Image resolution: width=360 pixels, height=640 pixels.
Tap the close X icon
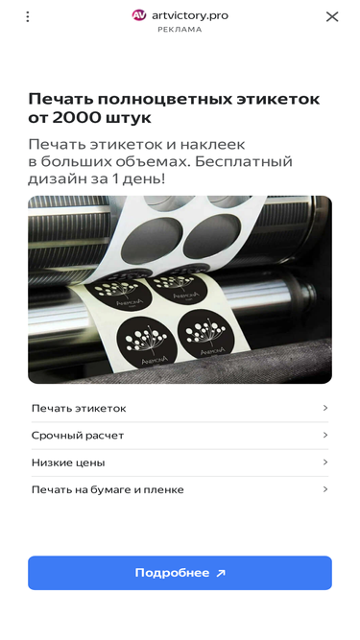[332, 16]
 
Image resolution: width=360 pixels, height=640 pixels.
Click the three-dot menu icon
[27, 16]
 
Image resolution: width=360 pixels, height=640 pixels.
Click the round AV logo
[139, 15]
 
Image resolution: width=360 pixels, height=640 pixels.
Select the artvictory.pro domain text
[190, 15]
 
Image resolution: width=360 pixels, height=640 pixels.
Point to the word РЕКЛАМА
[180, 30]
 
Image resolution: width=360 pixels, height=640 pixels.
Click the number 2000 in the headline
[76, 118]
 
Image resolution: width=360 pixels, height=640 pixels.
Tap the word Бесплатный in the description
[243, 161]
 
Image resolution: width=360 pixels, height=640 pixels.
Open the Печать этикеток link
[79, 408]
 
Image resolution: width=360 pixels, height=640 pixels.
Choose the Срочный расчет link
[78, 435]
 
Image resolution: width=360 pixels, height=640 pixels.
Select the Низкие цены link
[68, 462]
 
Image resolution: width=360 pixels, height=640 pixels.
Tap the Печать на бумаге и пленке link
[108, 489]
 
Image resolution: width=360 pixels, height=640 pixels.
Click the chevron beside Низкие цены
[325, 462]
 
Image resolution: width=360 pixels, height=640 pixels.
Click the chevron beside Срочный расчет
[325, 435]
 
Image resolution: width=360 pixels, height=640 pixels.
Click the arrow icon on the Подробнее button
[221, 573]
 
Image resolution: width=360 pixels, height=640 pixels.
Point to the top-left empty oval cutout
[152, 241]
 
